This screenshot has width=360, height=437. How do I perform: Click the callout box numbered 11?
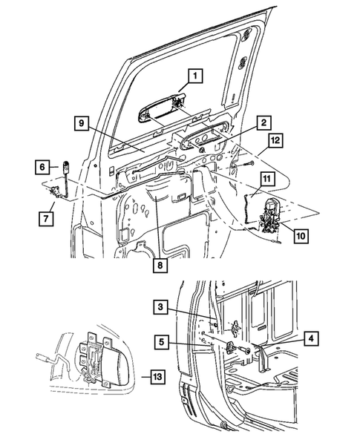(x=268, y=178)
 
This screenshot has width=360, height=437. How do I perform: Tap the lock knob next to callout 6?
(x=65, y=167)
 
